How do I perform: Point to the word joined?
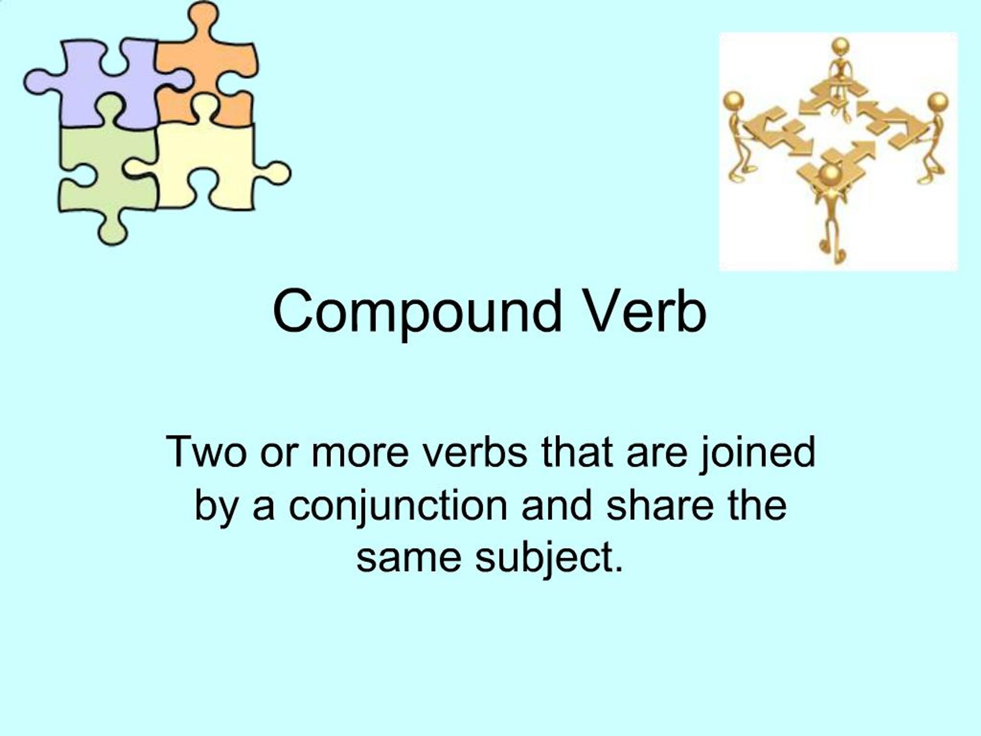click(x=757, y=452)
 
